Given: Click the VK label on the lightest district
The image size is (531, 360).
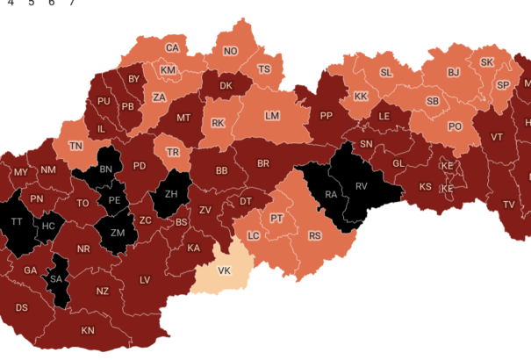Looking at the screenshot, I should point(224,270).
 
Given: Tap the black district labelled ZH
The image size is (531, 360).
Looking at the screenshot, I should point(171,195).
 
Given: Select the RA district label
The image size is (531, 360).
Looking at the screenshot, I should point(331,194).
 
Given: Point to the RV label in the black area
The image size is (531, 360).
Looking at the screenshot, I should point(362,185).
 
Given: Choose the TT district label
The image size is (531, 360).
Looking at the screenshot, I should point(17,222).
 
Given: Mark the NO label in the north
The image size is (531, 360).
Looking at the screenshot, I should point(230,51).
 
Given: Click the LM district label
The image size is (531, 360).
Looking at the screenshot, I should point(272,116).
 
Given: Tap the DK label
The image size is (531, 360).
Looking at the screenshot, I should point(226,86).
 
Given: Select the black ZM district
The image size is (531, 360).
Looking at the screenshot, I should point(118,233).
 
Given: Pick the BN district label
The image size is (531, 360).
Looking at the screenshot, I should point(105,169).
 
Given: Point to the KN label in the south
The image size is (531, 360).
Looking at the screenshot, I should point(88,330).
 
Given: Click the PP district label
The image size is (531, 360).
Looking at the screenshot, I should point(326,115).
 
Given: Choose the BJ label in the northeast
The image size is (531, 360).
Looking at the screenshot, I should point(454,73).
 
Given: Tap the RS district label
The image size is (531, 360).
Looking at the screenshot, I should point(314,235).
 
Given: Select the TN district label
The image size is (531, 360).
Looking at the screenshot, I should point(76,146).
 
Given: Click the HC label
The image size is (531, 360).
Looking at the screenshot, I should point(49,226).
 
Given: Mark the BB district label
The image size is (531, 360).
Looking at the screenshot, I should point(221,170).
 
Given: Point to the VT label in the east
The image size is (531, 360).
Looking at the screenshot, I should point(497,137).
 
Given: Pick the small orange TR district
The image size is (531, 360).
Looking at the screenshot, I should point(174,151).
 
